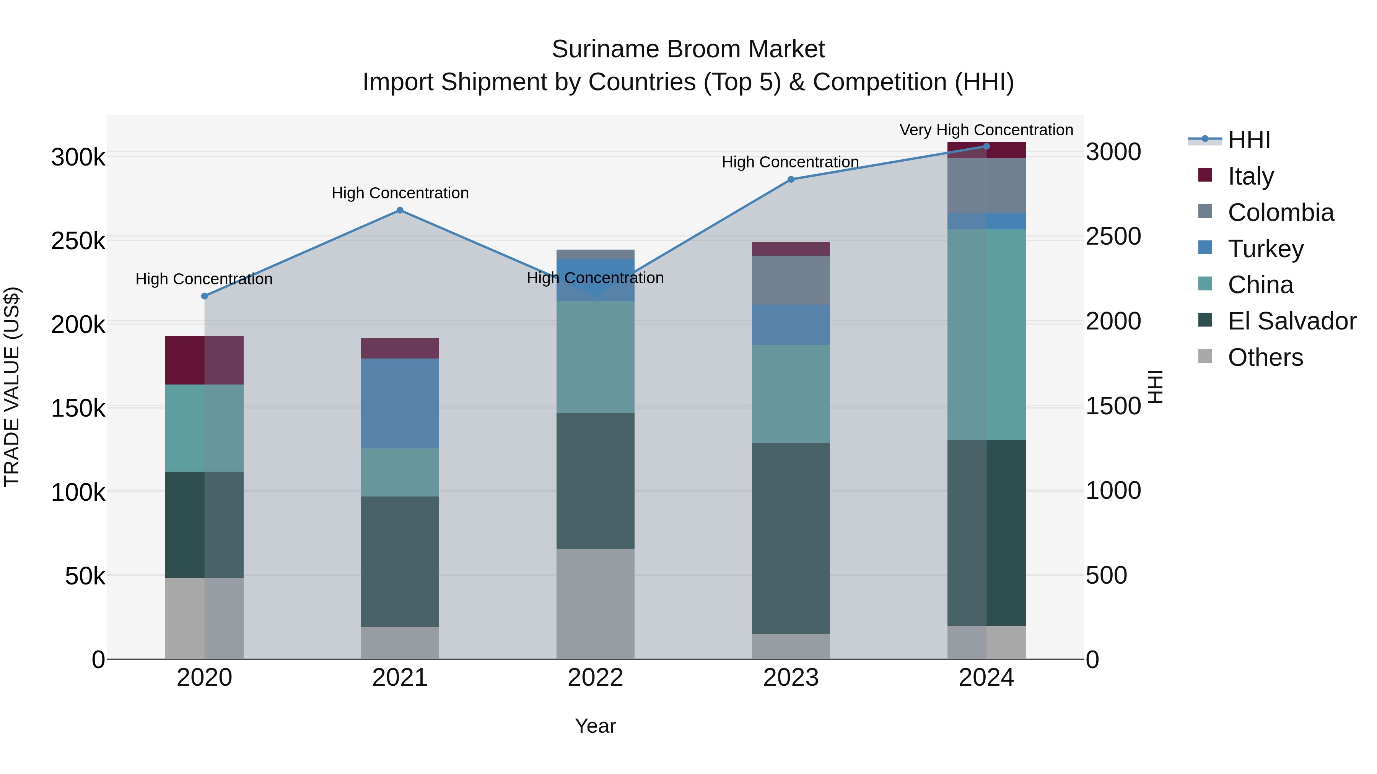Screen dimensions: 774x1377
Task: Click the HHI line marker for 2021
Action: pyautogui.click(x=400, y=211)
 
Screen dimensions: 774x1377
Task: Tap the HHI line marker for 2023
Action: pyautogui.click(x=791, y=180)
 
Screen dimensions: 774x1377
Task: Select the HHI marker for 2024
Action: pyautogui.click(x=987, y=146)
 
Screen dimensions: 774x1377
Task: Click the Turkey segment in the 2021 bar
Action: pyautogui.click(x=400, y=403)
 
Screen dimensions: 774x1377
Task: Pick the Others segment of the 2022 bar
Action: pyautogui.click(x=596, y=604)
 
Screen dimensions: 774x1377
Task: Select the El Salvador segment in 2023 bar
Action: pyautogui.click(x=791, y=539)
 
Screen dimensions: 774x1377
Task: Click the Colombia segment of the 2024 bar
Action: pyautogui.click(x=987, y=185)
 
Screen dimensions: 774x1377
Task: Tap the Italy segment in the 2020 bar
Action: pyautogui.click(x=204, y=360)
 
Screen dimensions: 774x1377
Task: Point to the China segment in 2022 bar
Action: pyautogui.click(x=596, y=357)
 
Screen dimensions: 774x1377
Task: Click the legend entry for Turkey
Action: pyautogui.click(x=1265, y=249)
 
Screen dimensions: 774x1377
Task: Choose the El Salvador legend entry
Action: pyautogui.click(x=1291, y=321)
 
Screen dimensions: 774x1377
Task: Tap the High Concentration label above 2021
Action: pyautogui.click(x=400, y=193)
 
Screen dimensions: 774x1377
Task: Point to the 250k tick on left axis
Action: pyautogui.click(x=78, y=241)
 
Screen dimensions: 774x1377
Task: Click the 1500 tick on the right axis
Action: pyautogui.click(x=1113, y=406)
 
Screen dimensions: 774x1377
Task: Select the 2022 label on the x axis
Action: pyautogui.click(x=596, y=678)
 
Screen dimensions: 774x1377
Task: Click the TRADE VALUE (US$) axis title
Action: pyautogui.click(x=12, y=387)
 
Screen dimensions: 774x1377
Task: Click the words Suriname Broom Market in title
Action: pyautogui.click(x=688, y=49)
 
